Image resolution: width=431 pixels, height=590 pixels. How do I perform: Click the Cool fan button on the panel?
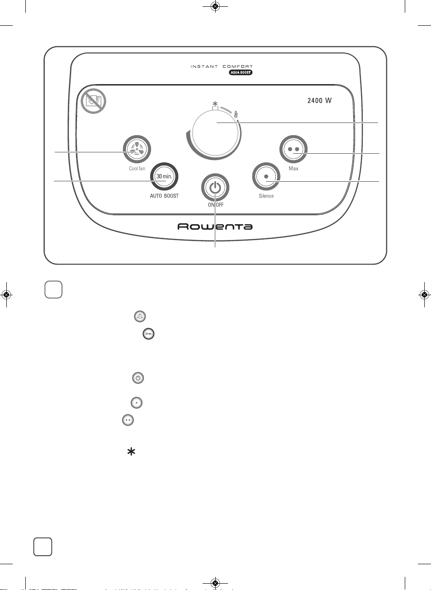coord(137,149)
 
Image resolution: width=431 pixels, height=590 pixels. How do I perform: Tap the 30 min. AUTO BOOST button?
coord(164,176)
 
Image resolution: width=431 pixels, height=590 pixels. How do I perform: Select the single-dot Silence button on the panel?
coord(266,176)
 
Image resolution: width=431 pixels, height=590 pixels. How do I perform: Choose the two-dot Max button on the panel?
coord(294,149)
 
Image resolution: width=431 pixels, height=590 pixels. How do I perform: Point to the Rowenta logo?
coord(215,227)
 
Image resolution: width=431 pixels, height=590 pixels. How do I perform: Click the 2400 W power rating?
coord(320,100)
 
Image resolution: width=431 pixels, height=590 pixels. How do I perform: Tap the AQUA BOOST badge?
coord(241,72)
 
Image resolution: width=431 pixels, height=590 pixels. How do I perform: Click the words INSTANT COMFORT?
coord(222,66)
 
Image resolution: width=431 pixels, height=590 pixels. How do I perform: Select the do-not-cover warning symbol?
coord(93,101)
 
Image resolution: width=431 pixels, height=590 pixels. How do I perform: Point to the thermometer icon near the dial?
coord(236,114)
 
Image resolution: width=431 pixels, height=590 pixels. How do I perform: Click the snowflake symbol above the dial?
coord(215,103)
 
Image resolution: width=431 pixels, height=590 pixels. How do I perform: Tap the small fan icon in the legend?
coord(140,316)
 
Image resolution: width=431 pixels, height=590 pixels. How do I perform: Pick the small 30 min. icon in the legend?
coord(149,334)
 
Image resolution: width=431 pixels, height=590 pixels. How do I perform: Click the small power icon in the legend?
coord(138,378)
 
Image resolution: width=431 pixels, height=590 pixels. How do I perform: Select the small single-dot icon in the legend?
coord(137,403)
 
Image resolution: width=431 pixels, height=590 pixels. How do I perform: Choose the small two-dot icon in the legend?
coord(128,420)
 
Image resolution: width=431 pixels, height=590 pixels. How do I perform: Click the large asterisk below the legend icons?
coord(131,452)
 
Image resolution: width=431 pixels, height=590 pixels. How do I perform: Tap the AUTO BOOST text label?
coord(164,196)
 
